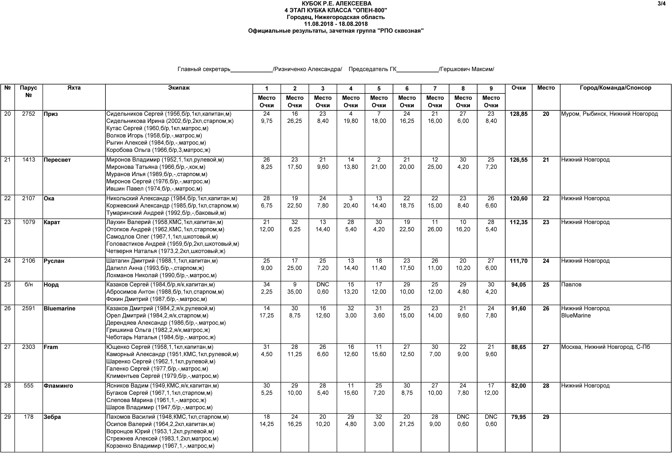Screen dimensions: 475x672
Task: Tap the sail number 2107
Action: pos(28,198)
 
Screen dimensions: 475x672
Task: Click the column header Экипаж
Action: pos(179,88)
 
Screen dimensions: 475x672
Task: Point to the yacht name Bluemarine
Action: pos(59,308)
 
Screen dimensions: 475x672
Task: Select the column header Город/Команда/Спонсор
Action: pos(615,88)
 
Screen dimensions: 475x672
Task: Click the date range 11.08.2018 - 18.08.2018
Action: pos(336,24)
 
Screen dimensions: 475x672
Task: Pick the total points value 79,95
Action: pos(518,417)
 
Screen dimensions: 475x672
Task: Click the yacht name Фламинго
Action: pos(58,386)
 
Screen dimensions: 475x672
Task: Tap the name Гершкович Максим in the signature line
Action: pos(467,69)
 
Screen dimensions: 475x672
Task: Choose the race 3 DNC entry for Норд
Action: pos(322,284)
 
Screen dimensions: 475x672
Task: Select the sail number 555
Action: pos(28,386)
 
